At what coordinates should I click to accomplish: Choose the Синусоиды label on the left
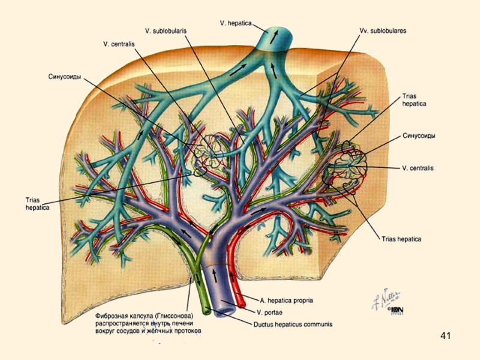point(65,76)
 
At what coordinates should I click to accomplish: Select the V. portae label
point(271,312)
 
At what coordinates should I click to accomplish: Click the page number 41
point(445,335)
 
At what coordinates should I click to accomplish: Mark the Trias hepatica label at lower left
point(37,203)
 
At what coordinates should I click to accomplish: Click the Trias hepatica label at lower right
point(401,239)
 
